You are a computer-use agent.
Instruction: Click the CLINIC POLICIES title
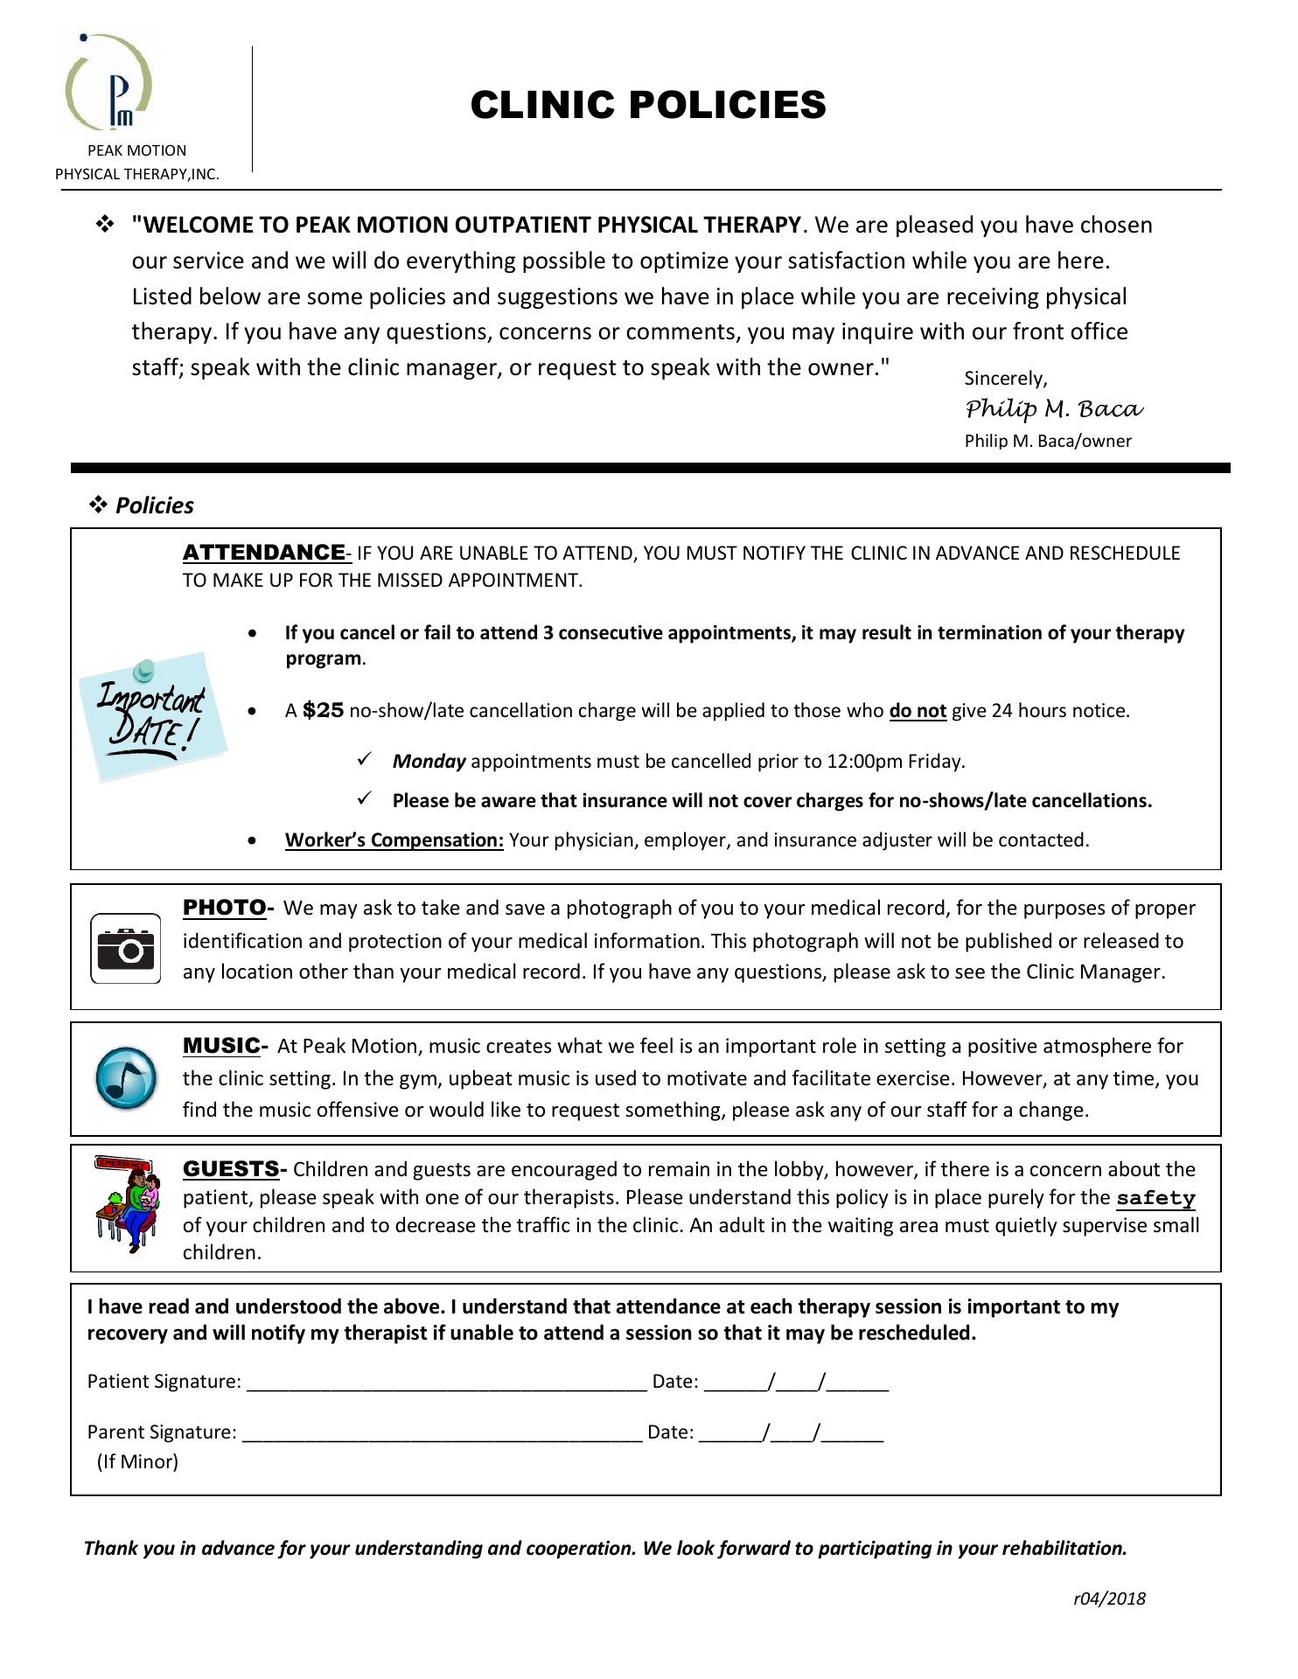pos(648,105)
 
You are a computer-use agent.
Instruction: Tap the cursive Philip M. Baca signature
pos(1054,408)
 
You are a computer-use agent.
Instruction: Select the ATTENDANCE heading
pos(263,552)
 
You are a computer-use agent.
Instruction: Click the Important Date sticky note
pos(152,714)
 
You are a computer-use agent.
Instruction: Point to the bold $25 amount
pos(323,710)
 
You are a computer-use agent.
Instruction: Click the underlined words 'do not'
pos(918,710)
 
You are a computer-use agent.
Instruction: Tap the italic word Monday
pos(429,761)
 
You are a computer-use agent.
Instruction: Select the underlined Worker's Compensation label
pos(394,839)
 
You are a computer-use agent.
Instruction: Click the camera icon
pos(126,948)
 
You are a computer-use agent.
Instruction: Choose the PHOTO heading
pos(224,907)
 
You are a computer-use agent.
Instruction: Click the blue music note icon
pos(126,1077)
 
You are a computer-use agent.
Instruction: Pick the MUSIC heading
pos(221,1045)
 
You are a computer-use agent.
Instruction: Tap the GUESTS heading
pos(231,1168)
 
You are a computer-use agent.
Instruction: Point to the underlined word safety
pos(1155,1197)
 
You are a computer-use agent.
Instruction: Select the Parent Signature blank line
pos(442,1432)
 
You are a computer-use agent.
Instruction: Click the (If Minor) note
pos(137,1461)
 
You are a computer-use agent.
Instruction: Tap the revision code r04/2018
pos(1109,1599)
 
